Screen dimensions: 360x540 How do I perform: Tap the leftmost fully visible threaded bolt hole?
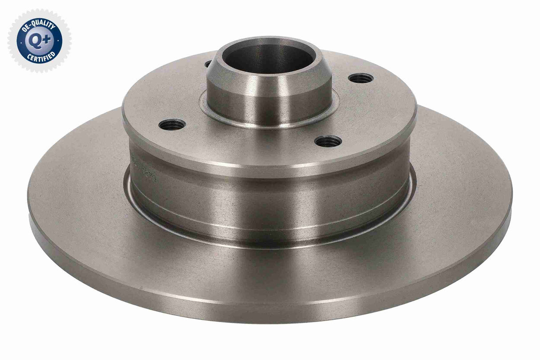(172, 124)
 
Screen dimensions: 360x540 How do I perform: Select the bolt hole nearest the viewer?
(328, 142)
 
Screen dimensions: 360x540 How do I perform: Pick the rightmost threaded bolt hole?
(361, 78)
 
